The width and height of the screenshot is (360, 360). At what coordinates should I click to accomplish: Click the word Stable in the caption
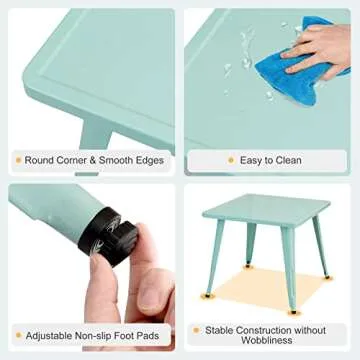(223, 329)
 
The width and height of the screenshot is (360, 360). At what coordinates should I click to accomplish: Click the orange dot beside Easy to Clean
(231, 160)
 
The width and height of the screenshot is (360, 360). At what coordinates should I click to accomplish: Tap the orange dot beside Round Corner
(17, 160)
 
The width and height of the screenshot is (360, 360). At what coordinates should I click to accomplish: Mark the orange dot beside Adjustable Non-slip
(17, 336)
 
